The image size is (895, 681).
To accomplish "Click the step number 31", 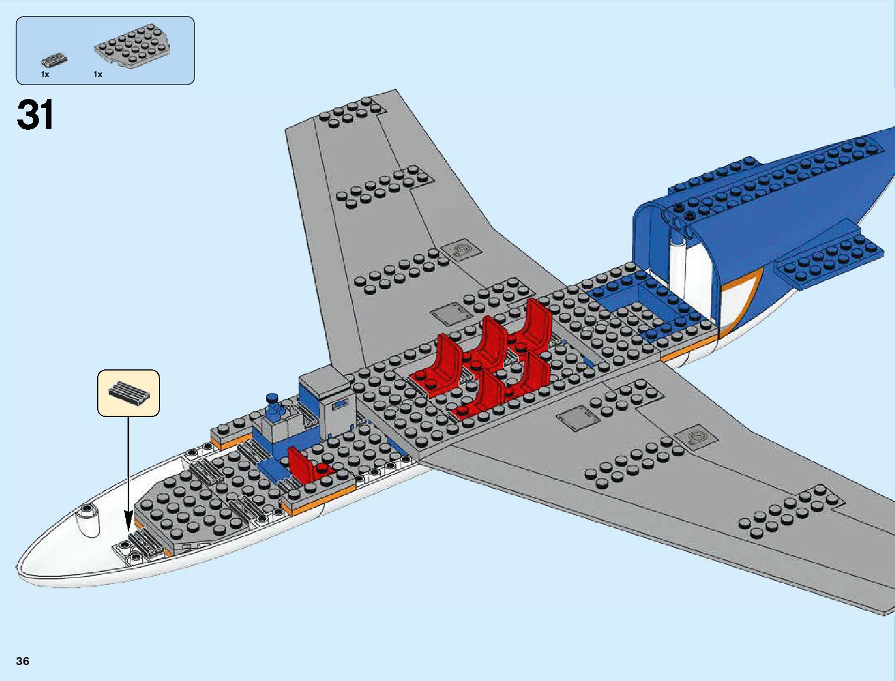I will pyautogui.click(x=35, y=116).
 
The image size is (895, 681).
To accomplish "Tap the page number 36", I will pyautogui.click(x=23, y=662).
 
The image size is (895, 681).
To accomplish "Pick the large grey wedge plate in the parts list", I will pyautogui.click(x=133, y=47).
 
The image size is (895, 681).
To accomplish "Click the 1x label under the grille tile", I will pyautogui.click(x=45, y=74).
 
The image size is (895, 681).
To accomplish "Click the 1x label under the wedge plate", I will pyautogui.click(x=98, y=74).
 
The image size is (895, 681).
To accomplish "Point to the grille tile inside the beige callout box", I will pyautogui.click(x=129, y=393).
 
